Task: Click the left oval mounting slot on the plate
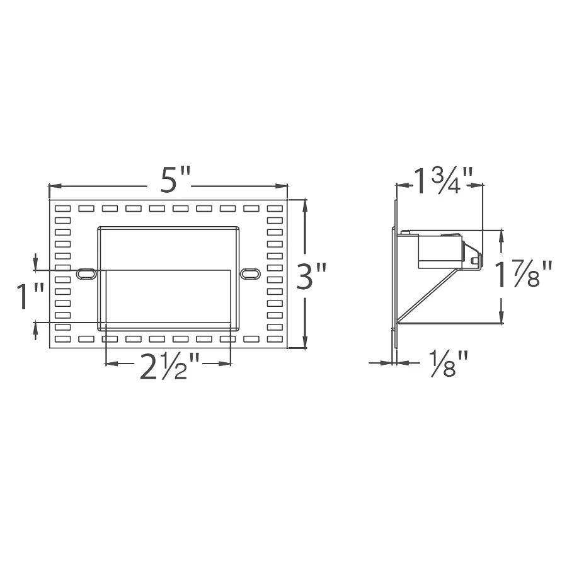[86, 273]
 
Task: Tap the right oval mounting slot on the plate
[250, 273]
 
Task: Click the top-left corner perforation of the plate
[62, 209]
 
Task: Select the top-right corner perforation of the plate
[275, 209]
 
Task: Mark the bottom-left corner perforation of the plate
[62, 339]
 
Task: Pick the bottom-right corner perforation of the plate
[275, 339]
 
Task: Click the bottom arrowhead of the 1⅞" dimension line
[501, 319]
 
